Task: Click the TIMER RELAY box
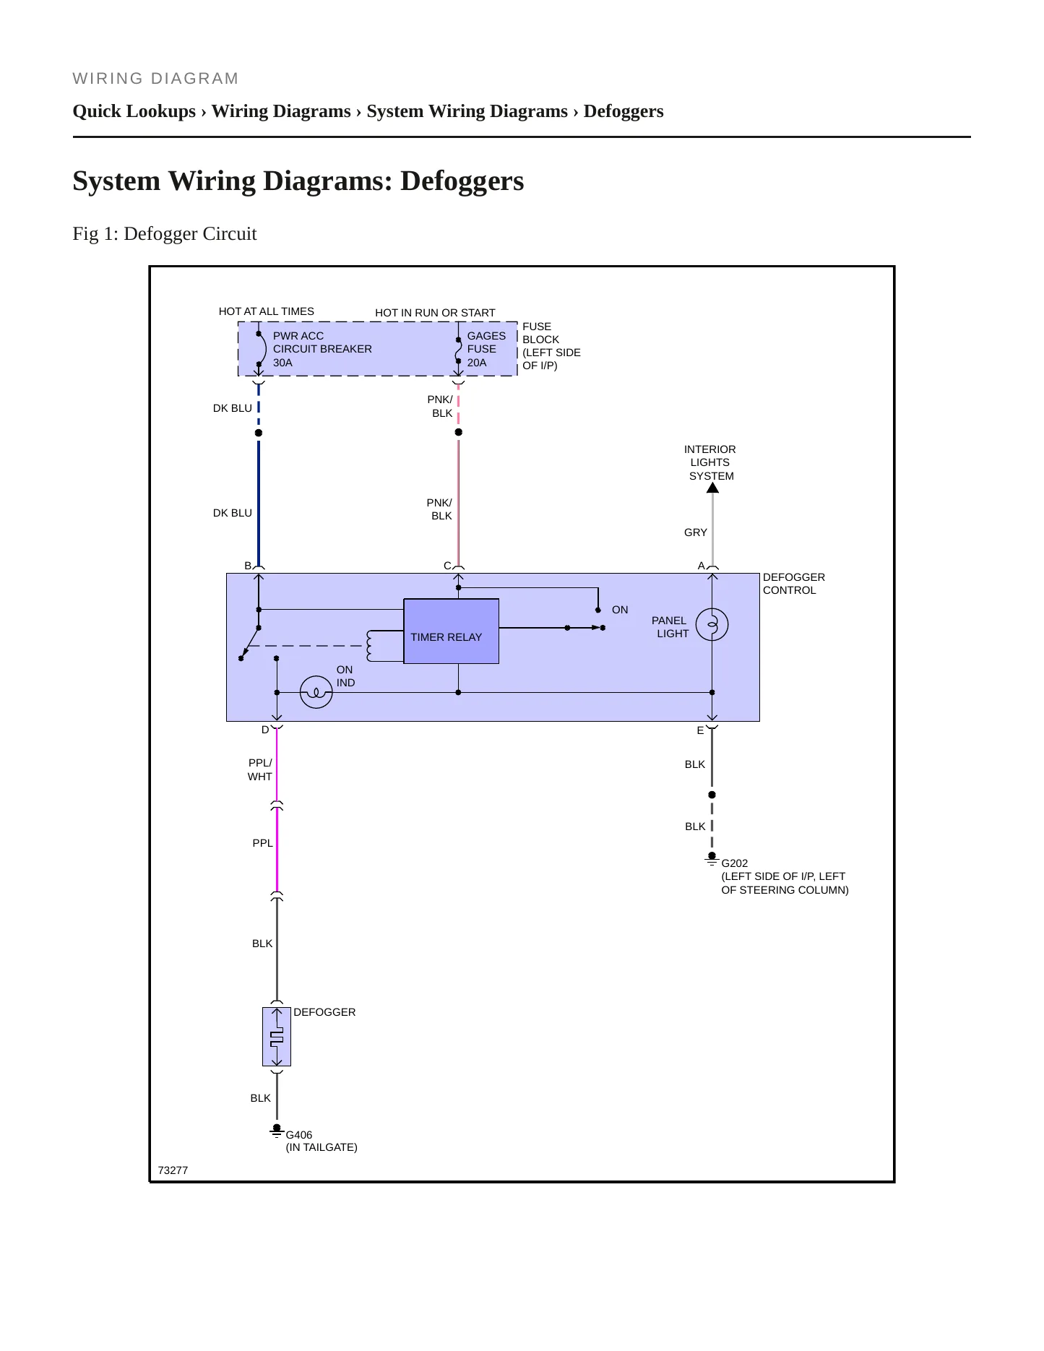tap(451, 631)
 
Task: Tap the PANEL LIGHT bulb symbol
tap(712, 624)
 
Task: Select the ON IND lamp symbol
tap(316, 692)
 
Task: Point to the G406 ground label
tap(299, 1135)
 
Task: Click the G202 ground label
tap(735, 863)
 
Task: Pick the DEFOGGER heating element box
tap(277, 1037)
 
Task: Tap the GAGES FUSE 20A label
tap(486, 349)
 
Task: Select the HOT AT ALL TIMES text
tap(267, 311)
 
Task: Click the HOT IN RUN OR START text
tap(435, 313)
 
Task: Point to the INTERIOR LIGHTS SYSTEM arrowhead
tap(712, 488)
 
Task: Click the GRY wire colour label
tap(696, 532)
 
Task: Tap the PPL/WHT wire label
tap(260, 769)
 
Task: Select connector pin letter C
tap(447, 566)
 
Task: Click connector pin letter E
tap(700, 730)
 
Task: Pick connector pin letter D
tap(265, 730)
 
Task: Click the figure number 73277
tap(173, 1170)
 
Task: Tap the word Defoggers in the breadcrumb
tap(624, 111)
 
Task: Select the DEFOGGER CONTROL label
tap(794, 584)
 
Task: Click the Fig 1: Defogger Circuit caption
tap(165, 234)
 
